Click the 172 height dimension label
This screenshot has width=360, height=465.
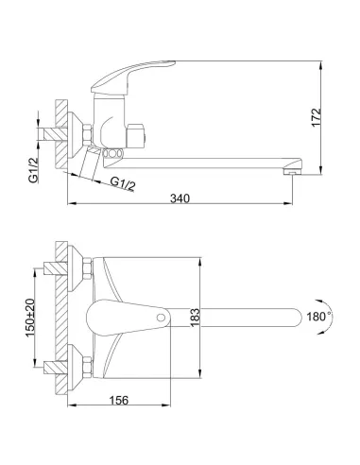click(317, 117)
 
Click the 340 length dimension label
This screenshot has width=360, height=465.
click(180, 198)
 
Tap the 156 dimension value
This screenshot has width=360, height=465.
click(119, 401)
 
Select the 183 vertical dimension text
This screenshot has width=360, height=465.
click(195, 318)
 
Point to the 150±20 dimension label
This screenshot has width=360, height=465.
click(30, 318)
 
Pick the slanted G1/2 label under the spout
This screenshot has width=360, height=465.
click(123, 184)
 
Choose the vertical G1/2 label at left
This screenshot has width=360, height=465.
click(33, 170)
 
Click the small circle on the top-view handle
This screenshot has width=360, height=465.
click(161, 318)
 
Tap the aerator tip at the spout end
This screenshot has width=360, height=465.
click(292, 171)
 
